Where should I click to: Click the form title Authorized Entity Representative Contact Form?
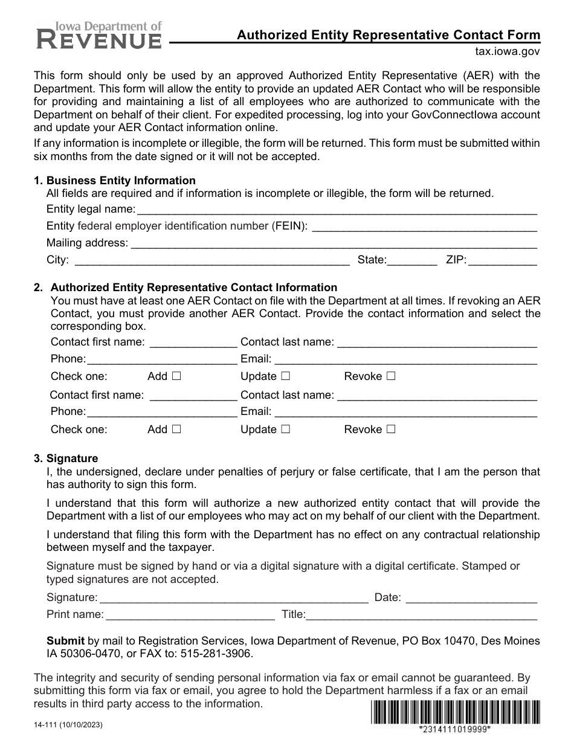(388, 35)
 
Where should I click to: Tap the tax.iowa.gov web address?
(508, 52)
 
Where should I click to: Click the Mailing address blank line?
(334, 243)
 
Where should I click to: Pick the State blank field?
(411, 260)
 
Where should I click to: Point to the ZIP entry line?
(503, 260)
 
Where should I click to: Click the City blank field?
(211, 260)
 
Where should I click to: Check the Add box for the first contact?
(176, 376)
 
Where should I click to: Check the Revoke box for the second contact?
(390, 429)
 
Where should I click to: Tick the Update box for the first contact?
(285, 376)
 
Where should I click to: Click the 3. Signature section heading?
(72, 458)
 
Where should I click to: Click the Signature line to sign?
(233, 597)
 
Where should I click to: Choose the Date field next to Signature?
(471, 597)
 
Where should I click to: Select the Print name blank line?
(190, 615)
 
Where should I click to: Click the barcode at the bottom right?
(454, 712)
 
